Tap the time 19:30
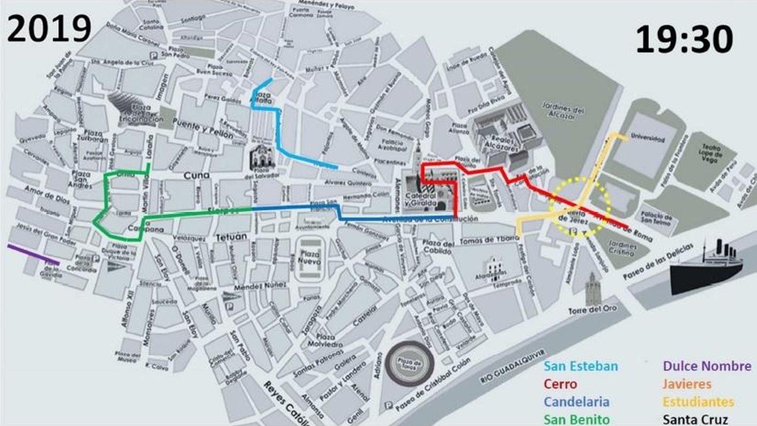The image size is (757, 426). coord(684,39)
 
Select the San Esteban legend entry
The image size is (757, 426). coord(580,366)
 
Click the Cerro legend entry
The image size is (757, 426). coord(560,384)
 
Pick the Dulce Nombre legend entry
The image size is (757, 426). coord(706,366)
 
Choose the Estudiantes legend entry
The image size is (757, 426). coord(698,402)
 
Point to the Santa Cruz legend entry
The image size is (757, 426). coord(695,419)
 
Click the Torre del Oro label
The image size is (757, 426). coord(592,310)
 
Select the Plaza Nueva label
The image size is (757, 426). coord(309,257)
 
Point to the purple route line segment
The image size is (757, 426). coord(33,254)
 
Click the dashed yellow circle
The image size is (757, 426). coord(580,206)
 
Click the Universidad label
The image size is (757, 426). coord(648,139)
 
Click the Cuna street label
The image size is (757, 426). coord(196,176)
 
